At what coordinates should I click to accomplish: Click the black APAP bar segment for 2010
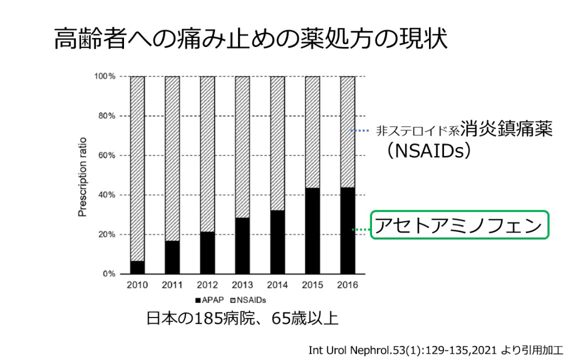pos(137,267)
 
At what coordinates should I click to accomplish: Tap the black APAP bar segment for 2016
pos(347,230)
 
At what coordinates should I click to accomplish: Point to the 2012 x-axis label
pos(207,285)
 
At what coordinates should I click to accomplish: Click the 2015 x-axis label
pos(313,285)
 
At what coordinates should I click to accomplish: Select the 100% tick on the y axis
pos(104,76)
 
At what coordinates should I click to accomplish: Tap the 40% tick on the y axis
pos(106,195)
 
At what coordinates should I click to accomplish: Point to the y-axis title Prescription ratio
pos(82,176)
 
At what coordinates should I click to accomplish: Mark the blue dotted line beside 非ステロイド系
pos(360,131)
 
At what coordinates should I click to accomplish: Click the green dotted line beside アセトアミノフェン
pos(361,229)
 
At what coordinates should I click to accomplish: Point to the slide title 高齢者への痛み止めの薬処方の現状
pos(251,40)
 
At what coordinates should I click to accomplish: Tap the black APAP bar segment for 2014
pos(278,242)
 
